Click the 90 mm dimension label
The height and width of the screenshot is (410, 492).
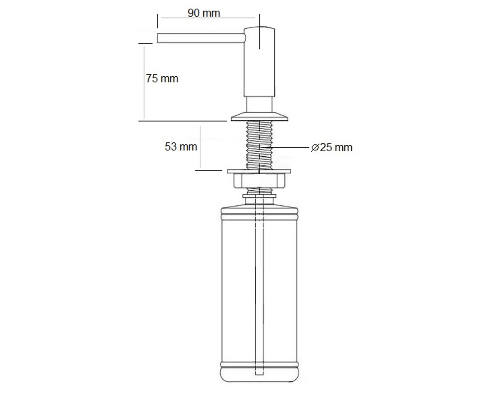point(204,13)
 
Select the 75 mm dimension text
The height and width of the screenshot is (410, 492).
point(162,78)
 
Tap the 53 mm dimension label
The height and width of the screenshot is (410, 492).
point(181,147)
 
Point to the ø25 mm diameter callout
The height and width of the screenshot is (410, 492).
point(332,148)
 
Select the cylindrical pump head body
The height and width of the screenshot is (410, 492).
point(259,61)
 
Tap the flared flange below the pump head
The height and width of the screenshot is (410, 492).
point(260,116)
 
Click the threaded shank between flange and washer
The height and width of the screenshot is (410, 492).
point(259,145)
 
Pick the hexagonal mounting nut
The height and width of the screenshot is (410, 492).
point(259,180)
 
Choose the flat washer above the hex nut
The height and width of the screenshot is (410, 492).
point(259,171)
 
